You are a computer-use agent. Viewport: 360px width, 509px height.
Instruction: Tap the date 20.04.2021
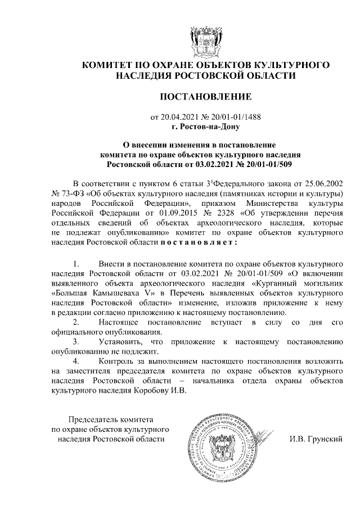179,118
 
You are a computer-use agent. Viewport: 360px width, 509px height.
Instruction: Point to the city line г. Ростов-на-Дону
205,127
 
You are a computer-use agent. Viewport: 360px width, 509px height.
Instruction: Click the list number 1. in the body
77,264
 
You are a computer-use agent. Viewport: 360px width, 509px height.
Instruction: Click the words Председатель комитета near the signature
110,420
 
